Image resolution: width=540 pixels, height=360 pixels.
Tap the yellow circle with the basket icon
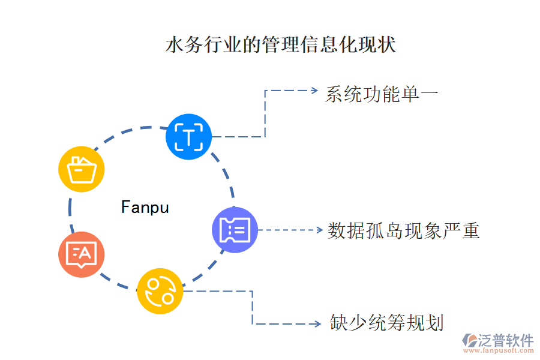tap(82, 169)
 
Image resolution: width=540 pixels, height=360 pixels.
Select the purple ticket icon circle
tap(235, 230)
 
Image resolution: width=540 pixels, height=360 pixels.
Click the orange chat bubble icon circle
tap(81, 254)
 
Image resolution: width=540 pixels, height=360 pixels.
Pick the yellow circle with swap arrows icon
tap(160, 290)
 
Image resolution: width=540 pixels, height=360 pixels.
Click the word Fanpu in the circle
tap(145, 208)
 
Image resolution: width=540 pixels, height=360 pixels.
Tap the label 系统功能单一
tap(382, 94)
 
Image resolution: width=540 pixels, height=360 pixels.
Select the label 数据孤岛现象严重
tap(404, 231)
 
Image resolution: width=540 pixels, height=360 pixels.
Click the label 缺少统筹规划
tap(387, 323)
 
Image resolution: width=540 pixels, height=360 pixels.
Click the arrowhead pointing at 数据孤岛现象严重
tap(319, 230)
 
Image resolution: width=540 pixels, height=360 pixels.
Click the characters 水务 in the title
tap(180, 46)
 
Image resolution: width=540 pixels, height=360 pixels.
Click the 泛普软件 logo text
tap(505, 341)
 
